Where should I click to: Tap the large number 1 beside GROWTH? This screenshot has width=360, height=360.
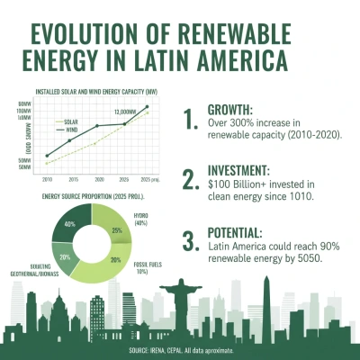(x=189, y=121)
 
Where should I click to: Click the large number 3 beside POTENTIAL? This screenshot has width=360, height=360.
(x=189, y=241)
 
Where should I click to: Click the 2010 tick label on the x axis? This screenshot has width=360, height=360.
(x=46, y=179)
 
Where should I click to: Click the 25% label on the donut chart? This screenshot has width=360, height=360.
(x=116, y=230)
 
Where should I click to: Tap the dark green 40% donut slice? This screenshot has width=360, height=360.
(x=68, y=223)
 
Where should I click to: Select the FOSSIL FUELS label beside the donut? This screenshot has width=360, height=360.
(x=142, y=265)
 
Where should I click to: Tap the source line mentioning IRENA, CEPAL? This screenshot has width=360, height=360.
(x=180, y=348)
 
